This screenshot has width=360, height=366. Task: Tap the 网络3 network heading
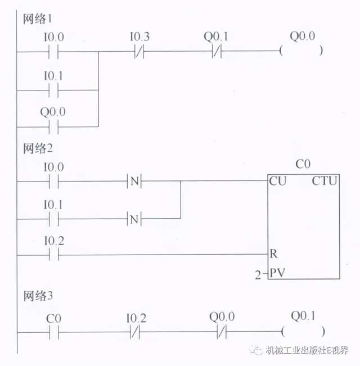(x=37, y=296)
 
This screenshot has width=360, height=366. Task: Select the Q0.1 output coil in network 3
(x=304, y=331)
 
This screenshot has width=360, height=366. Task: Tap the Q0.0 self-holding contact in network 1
(x=53, y=126)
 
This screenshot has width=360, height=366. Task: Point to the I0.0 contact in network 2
(x=53, y=182)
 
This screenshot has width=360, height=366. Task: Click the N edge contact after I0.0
(x=134, y=182)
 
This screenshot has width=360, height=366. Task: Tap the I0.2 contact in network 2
(x=53, y=255)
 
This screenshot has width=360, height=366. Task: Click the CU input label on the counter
(x=276, y=182)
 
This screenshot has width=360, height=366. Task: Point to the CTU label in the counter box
(x=324, y=182)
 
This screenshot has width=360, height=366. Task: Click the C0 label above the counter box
(x=303, y=165)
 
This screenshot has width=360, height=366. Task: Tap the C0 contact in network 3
(x=53, y=331)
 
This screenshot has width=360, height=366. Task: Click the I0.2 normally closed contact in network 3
(x=137, y=331)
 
